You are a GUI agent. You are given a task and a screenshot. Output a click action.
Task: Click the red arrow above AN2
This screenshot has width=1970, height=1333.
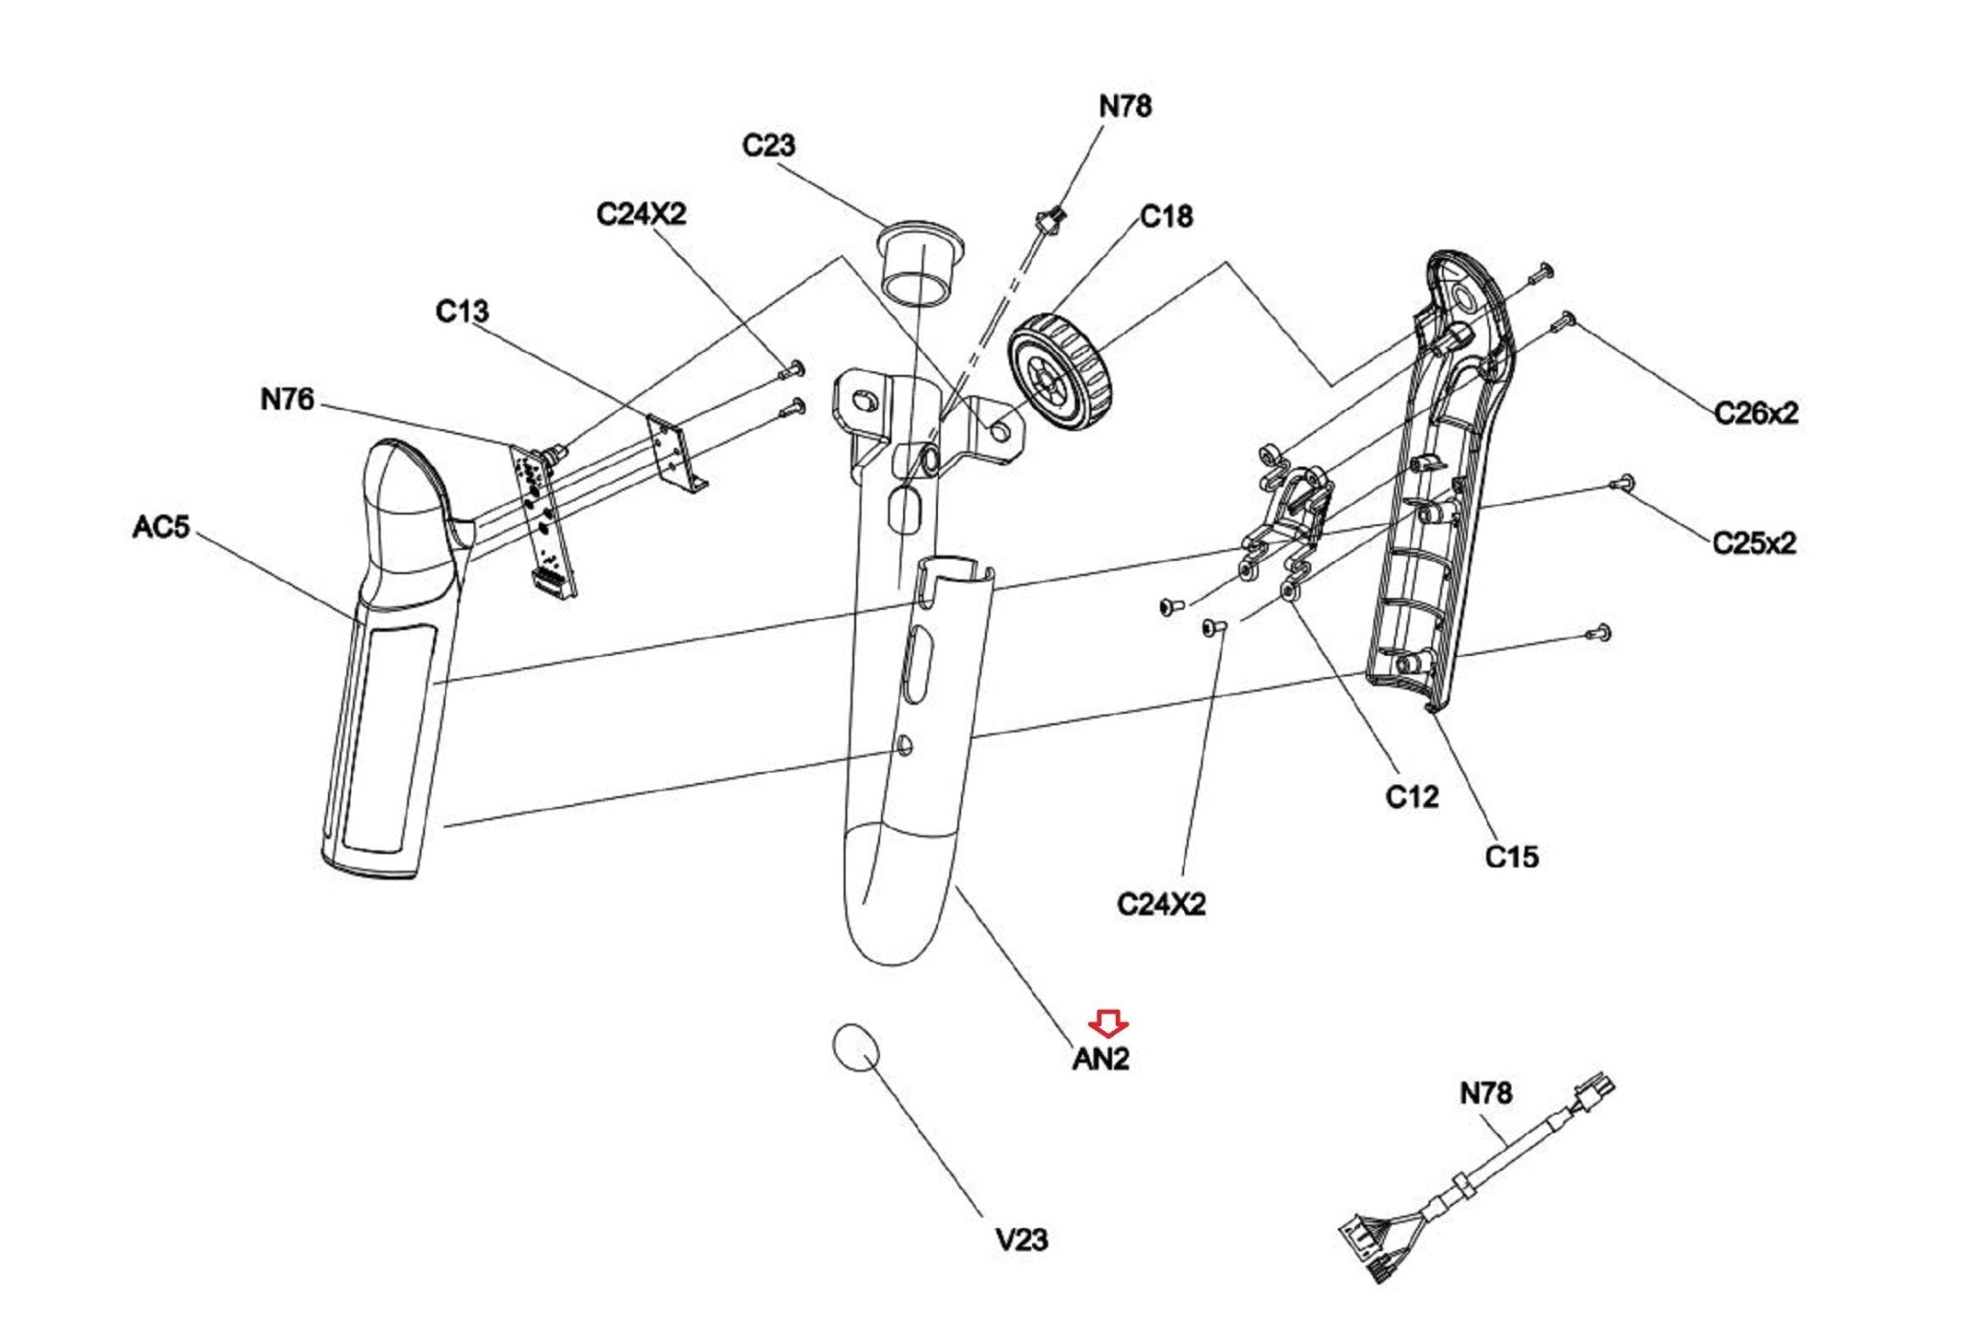coord(1109,1024)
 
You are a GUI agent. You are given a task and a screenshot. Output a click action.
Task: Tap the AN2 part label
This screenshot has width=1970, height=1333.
coord(1100,1059)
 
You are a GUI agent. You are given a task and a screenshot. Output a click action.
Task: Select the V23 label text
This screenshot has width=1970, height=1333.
coord(1022,1240)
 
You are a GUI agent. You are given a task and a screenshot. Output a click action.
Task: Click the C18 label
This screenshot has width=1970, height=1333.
coord(1166,216)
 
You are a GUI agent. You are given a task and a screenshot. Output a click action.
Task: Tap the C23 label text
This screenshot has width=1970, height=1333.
coord(769,145)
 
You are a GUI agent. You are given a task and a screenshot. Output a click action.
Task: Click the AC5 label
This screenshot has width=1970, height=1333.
coord(161,527)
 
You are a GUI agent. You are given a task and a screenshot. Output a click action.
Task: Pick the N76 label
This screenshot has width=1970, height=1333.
coord(287,399)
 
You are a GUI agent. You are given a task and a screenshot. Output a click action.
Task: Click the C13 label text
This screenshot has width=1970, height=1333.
coord(462,312)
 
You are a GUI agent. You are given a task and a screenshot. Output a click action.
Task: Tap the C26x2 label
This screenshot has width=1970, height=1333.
coord(1755,414)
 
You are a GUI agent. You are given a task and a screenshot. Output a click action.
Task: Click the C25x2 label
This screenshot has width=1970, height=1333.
coord(1755,543)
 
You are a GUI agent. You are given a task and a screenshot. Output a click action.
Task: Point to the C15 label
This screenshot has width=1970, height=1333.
coord(1512,856)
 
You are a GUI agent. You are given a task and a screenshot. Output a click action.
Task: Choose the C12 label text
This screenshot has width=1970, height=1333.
coord(1412,796)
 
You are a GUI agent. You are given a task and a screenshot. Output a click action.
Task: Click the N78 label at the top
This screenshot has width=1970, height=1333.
coord(1125,106)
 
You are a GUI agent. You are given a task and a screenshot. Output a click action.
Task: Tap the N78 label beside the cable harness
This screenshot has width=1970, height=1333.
coord(1486,1094)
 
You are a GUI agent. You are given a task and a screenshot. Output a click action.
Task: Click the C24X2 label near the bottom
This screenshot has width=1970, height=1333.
coord(1161,905)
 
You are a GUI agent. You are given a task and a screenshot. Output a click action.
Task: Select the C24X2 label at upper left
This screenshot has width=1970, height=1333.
coord(642,214)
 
